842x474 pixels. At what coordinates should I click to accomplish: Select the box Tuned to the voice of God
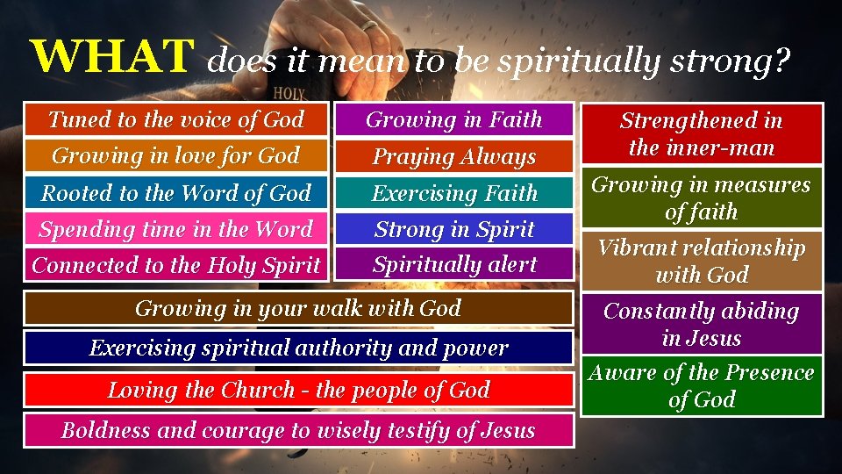pos(176,119)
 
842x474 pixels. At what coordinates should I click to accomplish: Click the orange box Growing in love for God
pos(176,155)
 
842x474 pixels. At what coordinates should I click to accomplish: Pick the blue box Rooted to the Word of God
pos(176,192)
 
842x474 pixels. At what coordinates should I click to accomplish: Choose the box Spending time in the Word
pos(176,229)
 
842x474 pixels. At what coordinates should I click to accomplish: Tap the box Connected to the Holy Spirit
pos(176,264)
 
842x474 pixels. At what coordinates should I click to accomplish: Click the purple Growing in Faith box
pos(454,119)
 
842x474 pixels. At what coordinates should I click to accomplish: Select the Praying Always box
pos(454,156)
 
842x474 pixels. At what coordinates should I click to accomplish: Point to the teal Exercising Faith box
pos(454,192)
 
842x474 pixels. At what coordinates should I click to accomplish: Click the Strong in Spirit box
pos(454,229)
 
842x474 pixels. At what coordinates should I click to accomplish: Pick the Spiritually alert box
pos(454,264)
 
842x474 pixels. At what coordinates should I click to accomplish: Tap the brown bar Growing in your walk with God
pos(298,308)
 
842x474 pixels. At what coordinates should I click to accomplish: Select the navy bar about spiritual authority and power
pos(298,348)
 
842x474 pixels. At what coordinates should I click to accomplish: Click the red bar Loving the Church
pos(298,390)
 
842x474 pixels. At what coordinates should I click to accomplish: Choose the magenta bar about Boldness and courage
pos(298,430)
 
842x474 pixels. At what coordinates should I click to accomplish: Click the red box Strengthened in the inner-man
pos(702,133)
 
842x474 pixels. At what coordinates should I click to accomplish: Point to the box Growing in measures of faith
pos(702,198)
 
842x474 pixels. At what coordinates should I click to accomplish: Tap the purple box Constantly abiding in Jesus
pos(702,324)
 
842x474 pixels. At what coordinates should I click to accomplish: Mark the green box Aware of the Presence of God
pos(702,386)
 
